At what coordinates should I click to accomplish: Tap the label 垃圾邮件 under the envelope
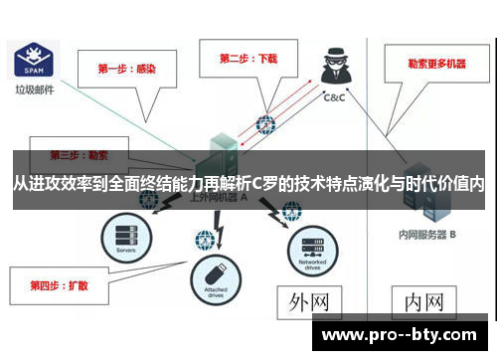(33, 89)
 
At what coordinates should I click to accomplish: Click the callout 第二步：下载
(247, 58)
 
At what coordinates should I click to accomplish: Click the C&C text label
(336, 98)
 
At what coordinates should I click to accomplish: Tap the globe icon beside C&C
(264, 124)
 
